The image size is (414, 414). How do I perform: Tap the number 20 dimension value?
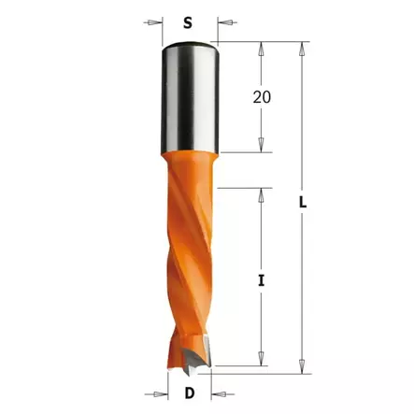[x=263, y=96]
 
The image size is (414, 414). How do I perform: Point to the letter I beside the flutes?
[x=263, y=278]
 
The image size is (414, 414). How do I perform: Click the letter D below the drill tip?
[x=190, y=393]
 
